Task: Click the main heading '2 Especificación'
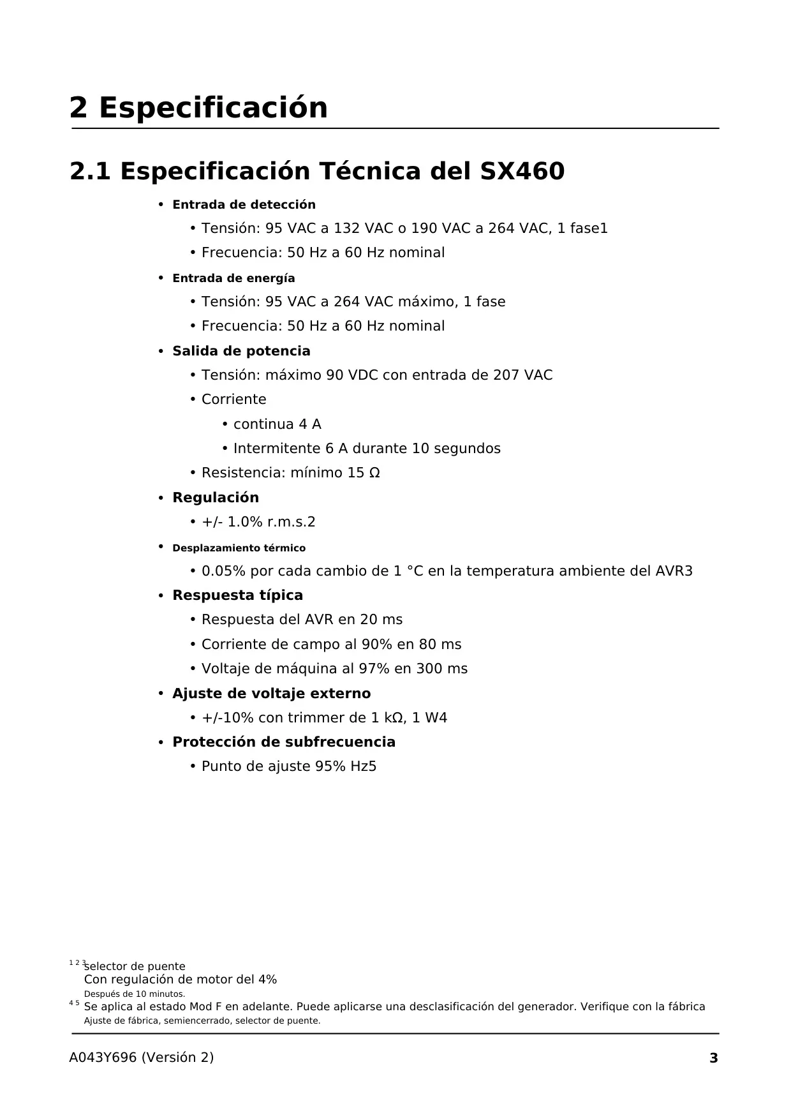(198, 108)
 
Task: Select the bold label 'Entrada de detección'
(244, 205)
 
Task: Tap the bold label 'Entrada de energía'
(233, 278)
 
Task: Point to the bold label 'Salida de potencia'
(241, 351)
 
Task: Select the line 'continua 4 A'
(277, 424)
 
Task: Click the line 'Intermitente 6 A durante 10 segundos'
(367, 449)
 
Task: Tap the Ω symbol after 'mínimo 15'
(374, 473)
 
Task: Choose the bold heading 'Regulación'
(216, 498)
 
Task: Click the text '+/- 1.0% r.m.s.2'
(258, 522)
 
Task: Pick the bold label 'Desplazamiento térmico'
(239, 548)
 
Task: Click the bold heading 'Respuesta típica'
(237, 595)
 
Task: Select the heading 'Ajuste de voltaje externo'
(271, 694)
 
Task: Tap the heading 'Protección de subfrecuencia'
(284, 742)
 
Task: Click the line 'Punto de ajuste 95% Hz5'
(289, 766)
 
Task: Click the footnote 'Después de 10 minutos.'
(135, 994)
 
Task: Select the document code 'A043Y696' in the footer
(103, 1057)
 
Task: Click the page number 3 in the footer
(714, 1058)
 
